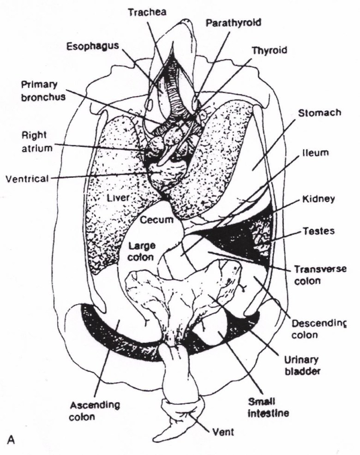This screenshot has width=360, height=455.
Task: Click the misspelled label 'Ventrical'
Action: pyautogui.click(x=26, y=179)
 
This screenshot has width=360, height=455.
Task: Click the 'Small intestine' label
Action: pyautogui.click(x=268, y=407)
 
